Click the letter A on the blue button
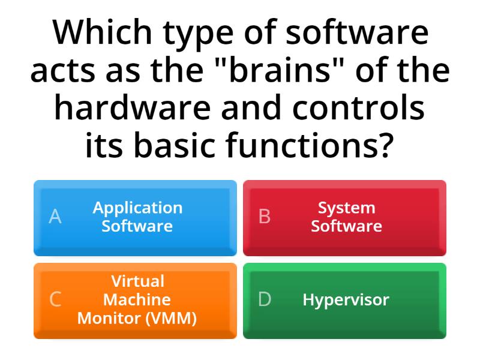(x=55, y=217)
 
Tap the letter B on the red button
(x=264, y=217)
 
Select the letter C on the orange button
(x=55, y=299)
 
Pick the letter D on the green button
(x=265, y=299)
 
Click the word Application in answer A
(x=137, y=208)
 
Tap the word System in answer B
(x=346, y=208)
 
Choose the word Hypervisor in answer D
(x=346, y=299)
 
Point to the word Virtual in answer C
(x=137, y=281)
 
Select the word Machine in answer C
(x=137, y=299)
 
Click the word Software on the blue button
(x=137, y=226)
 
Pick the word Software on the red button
(x=346, y=226)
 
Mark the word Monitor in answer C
(x=108, y=318)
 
